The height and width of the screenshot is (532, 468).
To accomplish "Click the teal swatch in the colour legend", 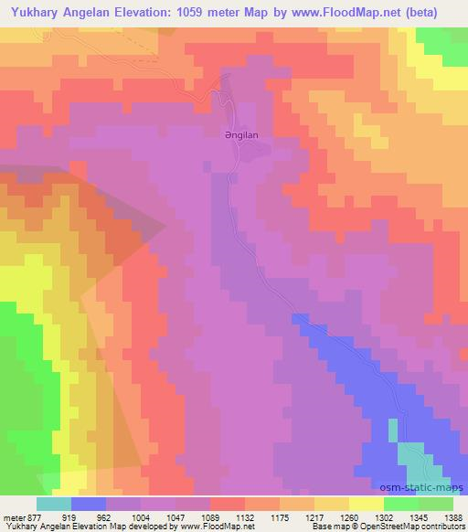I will click(54, 503).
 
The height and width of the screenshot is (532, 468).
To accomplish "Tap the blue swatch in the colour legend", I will click(89, 503).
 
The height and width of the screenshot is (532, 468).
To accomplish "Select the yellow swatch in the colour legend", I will click(367, 503).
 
